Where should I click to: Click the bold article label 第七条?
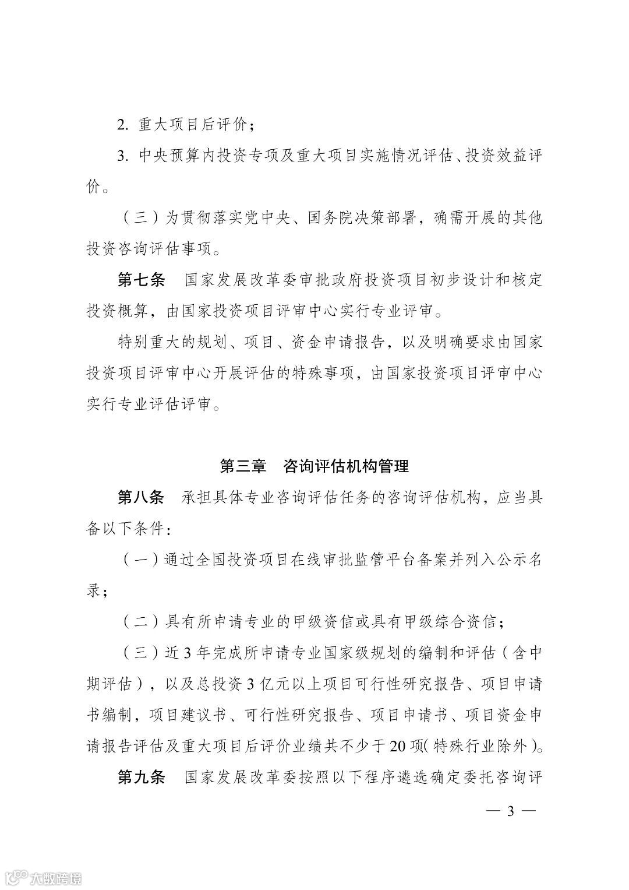click(x=141, y=280)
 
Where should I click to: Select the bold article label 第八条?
click(x=141, y=498)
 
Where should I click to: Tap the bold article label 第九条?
click(x=141, y=778)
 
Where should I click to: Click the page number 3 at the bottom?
click(x=511, y=811)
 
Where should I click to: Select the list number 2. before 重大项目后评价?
click(x=122, y=125)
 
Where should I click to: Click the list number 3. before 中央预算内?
click(x=122, y=156)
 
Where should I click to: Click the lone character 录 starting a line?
click(x=94, y=591)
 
